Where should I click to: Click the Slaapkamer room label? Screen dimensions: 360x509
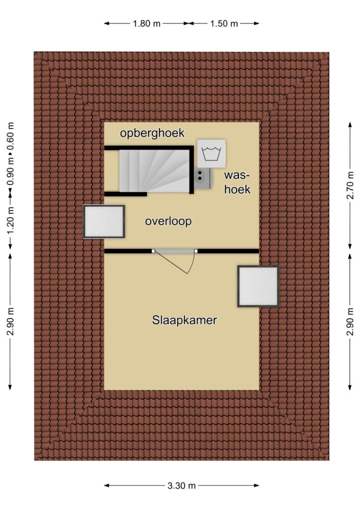pyautogui.click(x=184, y=321)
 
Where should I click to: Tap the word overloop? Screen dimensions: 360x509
pyautogui.click(x=168, y=221)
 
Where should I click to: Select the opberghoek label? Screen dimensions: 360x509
pyautogui.click(x=152, y=133)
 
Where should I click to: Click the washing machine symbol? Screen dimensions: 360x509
pyautogui.click(x=211, y=154)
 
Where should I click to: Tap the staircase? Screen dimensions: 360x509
pyautogui.click(x=154, y=171)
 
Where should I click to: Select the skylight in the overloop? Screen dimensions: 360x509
pyautogui.click(x=104, y=222)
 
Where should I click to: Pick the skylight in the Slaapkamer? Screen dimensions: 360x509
pyautogui.click(x=258, y=286)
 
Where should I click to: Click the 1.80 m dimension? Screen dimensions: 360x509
pyautogui.click(x=146, y=23)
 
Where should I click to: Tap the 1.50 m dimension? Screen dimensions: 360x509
pyautogui.click(x=224, y=23)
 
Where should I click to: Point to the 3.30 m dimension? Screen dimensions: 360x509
pyautogui.click(x=181, y=486)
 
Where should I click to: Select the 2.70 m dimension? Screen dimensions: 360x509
pyautogui.click(x=350, y=186)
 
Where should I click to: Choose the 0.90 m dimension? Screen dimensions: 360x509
pyautogui.click(x=10, y=171)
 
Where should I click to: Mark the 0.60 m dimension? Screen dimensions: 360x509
pyautogui.click(x=10, y=136)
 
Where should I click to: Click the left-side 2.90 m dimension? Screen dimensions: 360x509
pyautogui.click(x=10, y=322)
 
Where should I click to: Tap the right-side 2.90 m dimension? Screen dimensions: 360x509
pyautogui.click(x=350, y=322)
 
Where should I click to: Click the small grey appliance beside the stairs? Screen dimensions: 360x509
pyautogui.click(x=203, y=178)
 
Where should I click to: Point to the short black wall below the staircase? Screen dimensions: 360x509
pyautogui.click(x=125, y=194)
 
